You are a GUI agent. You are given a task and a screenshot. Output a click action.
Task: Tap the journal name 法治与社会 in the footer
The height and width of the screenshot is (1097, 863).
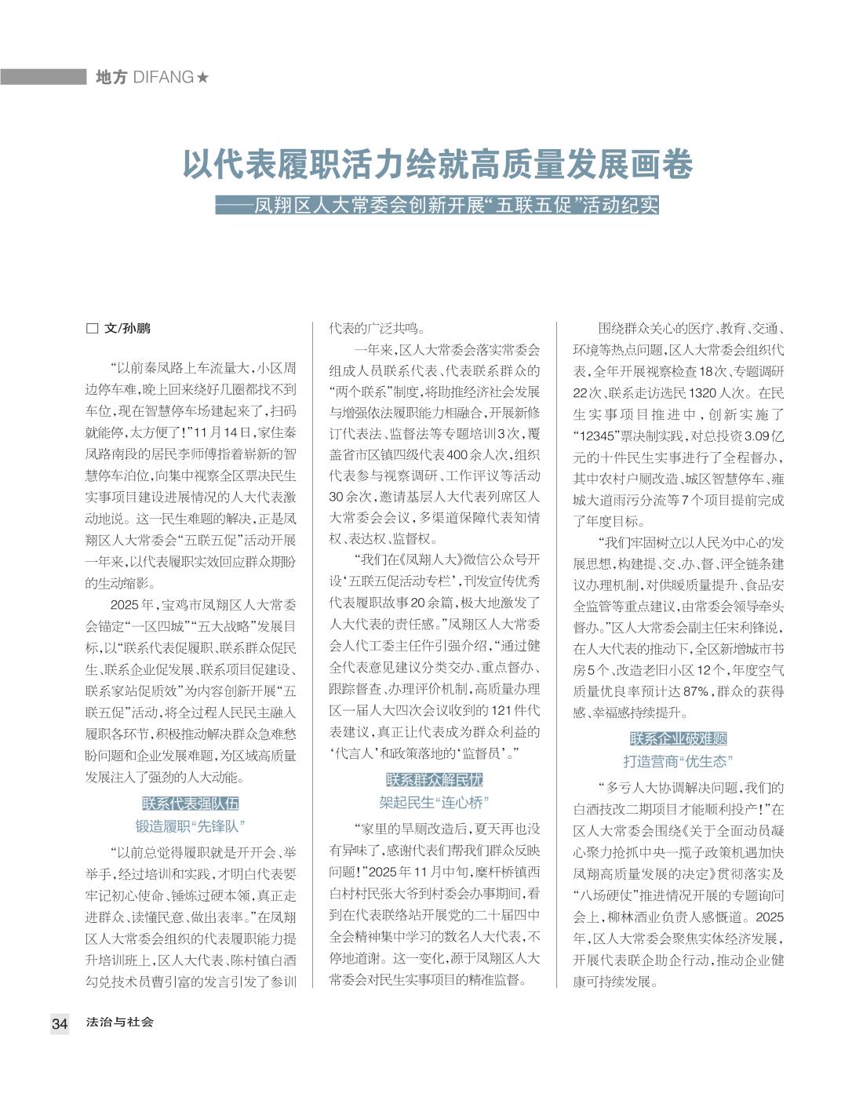[x=120, y=1022]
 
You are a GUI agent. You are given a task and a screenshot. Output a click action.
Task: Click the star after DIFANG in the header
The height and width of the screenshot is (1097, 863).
[x=202, y=77]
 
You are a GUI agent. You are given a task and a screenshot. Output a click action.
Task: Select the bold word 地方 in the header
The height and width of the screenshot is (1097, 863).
[x=111, y=77]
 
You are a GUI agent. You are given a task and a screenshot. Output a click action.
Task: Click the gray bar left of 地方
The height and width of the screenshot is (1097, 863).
[x=43, y=77]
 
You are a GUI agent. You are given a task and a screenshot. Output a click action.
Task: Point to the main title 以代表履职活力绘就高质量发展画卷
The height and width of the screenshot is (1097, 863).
[x=439, y=166]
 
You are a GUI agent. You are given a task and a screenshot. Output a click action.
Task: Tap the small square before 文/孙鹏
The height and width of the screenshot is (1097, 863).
[x=91, y=329]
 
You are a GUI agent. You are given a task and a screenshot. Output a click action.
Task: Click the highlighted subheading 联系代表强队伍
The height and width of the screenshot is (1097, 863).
[x=191, y=804]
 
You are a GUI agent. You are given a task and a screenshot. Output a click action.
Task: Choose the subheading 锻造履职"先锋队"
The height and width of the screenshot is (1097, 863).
[x=191, y=826]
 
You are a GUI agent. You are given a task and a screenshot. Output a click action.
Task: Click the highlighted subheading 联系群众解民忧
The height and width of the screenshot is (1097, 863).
[x=434, y=780]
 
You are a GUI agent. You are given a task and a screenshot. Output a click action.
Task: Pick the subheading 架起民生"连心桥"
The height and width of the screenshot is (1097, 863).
[x=434, y=803]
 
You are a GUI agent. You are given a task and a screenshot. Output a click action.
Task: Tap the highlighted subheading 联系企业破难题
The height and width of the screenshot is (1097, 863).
[x=679, y=738]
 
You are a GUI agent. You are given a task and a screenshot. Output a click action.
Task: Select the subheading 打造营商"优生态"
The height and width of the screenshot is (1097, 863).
[x=679, y=761]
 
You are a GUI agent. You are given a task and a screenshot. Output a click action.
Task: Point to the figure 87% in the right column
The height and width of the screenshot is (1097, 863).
[x=696, y=691]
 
